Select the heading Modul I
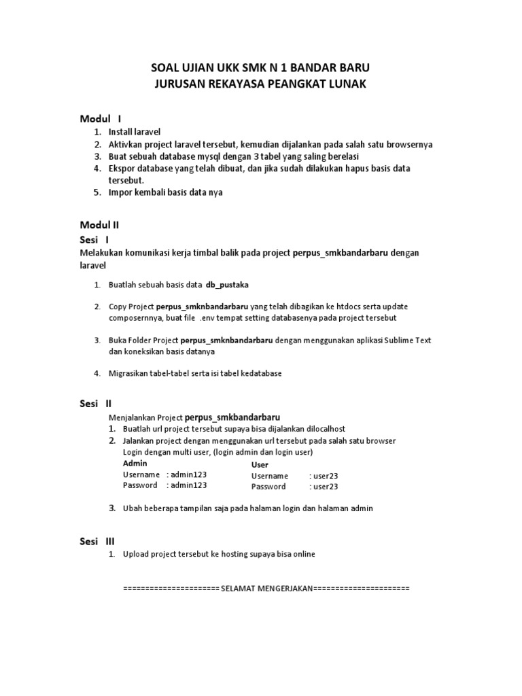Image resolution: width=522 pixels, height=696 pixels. pos(101,119)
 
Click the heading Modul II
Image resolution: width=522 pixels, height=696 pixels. pos(101,224)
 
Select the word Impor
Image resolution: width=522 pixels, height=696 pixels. pos(121,192)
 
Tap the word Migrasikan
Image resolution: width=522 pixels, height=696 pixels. pos(131,373)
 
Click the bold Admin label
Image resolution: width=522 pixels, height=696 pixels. pos(135,463)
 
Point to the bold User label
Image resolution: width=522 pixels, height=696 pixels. pos(260,465)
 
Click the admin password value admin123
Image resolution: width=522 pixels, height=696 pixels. pos(189,485)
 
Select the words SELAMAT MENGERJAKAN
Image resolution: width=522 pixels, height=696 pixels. pos(266,587)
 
